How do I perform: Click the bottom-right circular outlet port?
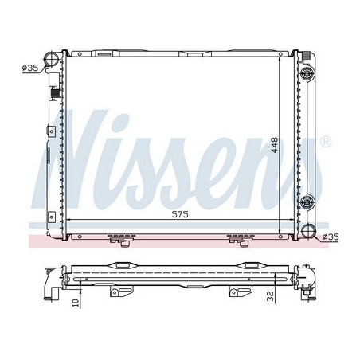click(x=307, y=234)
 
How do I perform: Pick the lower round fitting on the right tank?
click(x=307, y=200)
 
